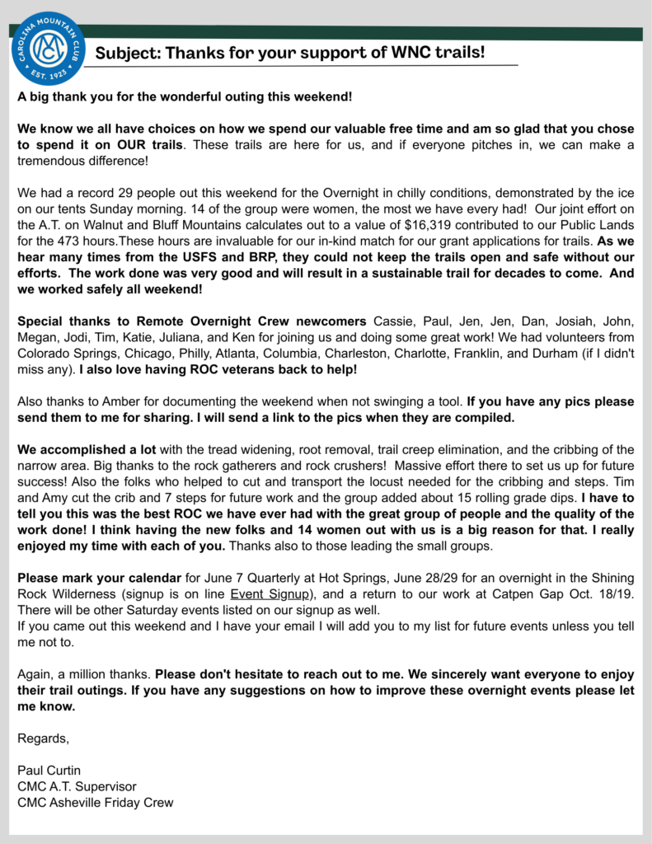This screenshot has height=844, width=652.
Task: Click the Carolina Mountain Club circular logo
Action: coord(49,49)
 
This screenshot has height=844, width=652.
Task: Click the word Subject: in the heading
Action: coord(127,54)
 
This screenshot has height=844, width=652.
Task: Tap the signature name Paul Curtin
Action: coord(49,770)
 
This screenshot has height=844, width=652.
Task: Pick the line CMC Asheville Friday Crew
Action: coord(96,802)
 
